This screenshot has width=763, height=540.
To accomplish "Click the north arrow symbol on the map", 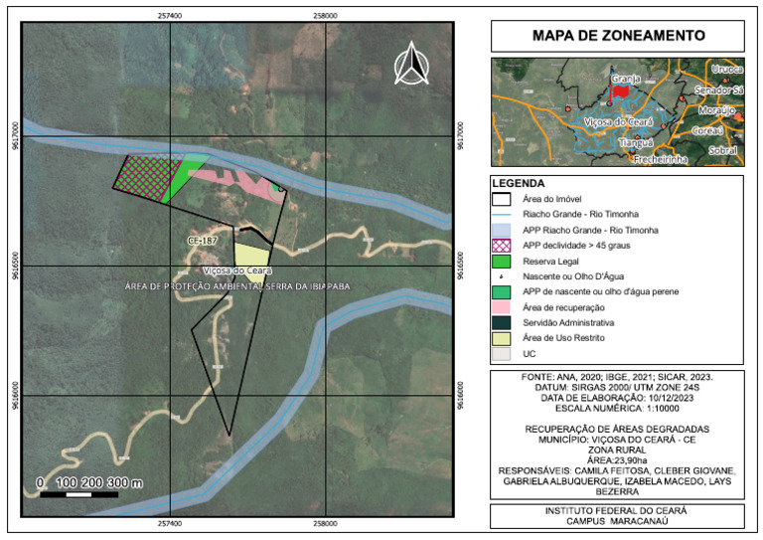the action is click(x=411, y=66).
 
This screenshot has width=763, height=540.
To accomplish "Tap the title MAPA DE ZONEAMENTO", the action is click(x=618, y=36).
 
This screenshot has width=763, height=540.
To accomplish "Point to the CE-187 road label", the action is click(x=202, y=241).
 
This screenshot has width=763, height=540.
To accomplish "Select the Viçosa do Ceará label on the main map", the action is click(x=237, y=270).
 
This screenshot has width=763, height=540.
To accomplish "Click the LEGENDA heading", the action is click(x=519, y=184).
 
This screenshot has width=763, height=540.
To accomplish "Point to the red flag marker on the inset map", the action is click(x=619, y=90).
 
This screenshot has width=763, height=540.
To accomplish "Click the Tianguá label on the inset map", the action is click(x=637, y=142).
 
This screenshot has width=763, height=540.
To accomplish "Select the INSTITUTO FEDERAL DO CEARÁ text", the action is click(x=618, y=510).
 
